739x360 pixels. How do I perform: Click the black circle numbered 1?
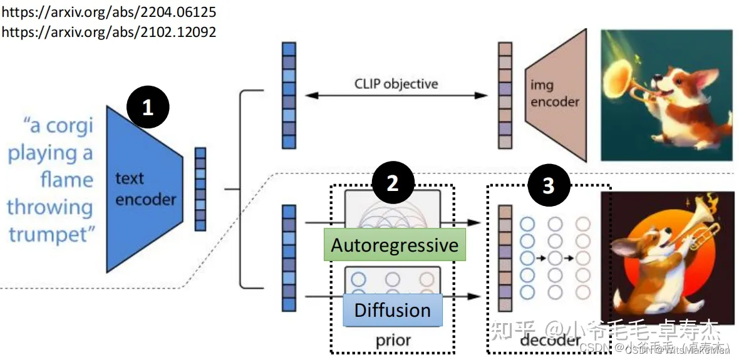pos(148,108)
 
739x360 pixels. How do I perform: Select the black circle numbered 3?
pos(549,186)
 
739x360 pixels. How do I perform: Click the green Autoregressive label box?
pos(395,245)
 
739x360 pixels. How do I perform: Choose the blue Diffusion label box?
pos(393,310)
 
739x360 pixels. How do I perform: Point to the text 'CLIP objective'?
pos(396,83)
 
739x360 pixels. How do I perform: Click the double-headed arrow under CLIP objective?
pos(396,96)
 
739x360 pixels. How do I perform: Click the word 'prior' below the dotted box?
pos(393,341)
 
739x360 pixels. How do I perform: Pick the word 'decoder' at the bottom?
pos(550,341)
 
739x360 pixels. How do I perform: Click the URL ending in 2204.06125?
pos(109,12)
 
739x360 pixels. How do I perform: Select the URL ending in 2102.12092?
pos(109,32)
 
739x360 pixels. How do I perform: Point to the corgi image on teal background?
pos(666,95)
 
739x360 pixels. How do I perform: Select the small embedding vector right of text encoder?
pos(200,189)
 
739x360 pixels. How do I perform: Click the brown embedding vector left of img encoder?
pos(505,95)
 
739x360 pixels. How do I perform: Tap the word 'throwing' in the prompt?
pos(50,207)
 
